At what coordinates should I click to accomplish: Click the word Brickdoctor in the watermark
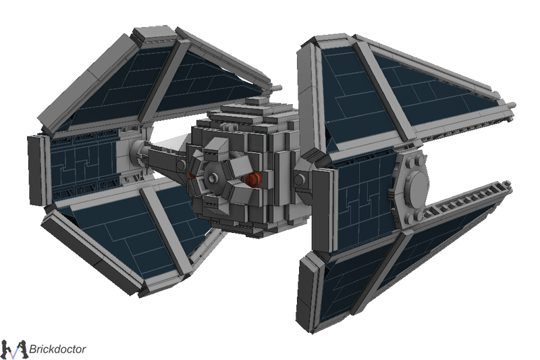coord(57,349)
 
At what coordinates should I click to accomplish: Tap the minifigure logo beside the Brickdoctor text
coord(13,349)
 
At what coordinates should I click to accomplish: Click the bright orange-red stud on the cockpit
coord(253,180)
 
